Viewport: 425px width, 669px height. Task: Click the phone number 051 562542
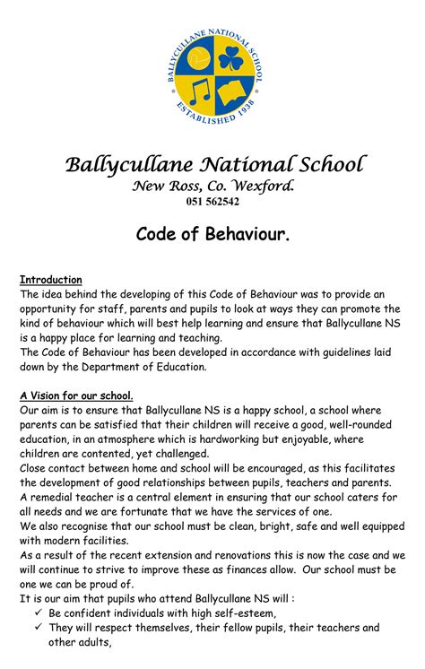coord(212,202)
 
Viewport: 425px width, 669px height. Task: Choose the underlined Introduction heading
coord(51,280)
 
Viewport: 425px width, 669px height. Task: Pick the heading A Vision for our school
coord(76,395)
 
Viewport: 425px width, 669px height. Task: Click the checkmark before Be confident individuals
coord(40,613)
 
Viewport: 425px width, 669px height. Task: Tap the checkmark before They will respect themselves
coord(40,628)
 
